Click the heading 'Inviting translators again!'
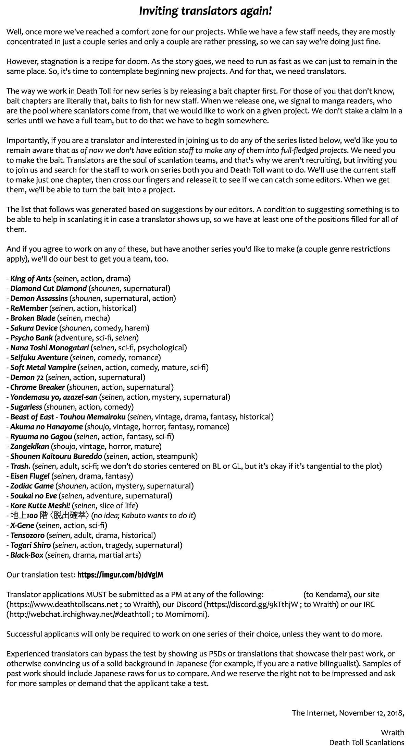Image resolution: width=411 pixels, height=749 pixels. click(206, 11)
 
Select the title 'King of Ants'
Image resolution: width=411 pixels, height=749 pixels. click(31, 279)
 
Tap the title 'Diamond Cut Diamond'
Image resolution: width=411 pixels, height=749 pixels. click(48, 289)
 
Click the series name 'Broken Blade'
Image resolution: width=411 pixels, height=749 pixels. click(33, 318)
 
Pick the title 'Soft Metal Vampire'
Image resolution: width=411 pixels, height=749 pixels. click(43, 367)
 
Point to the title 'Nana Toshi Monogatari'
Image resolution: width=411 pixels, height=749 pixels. click(49, 348)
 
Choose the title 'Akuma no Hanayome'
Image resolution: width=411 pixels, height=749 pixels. click(46, 427)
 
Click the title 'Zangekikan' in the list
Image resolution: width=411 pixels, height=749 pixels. click(29, 447)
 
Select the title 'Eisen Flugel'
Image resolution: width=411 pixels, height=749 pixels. click(30, 476)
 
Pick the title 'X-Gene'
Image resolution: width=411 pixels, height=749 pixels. click(22, 525)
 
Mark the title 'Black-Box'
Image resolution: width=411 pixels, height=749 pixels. click(27, 555)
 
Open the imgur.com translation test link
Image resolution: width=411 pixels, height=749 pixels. click(120, 575)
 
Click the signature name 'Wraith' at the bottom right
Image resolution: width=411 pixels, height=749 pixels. click(393, 733)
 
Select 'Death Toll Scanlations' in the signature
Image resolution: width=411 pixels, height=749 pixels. click(366, 742)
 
